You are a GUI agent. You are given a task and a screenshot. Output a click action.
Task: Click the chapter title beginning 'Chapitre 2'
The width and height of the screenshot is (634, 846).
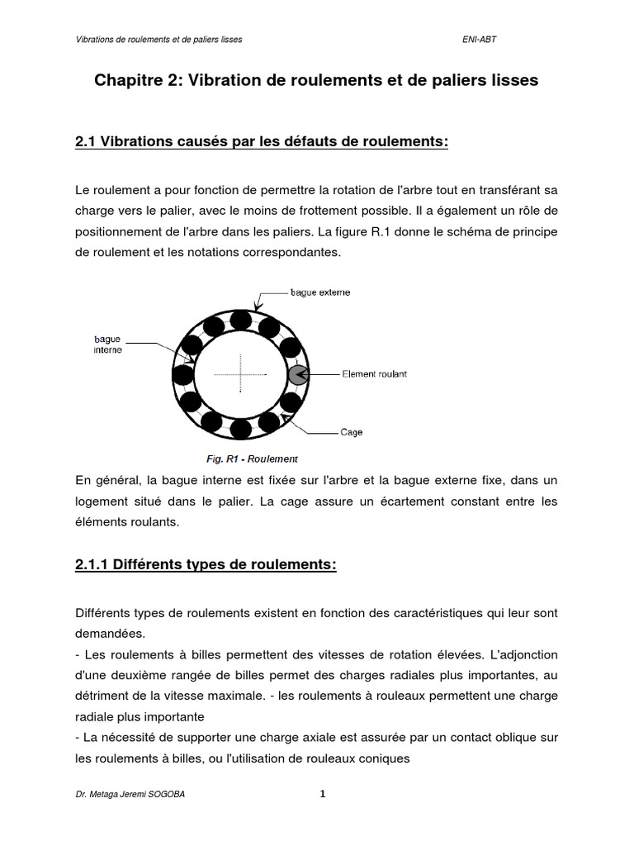[x=316, y=80]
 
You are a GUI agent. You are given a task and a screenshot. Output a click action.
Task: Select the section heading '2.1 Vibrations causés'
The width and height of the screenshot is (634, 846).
[x=262, y=141]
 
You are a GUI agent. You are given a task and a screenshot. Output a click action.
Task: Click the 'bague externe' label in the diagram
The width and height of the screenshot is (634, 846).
[x=319, y=292]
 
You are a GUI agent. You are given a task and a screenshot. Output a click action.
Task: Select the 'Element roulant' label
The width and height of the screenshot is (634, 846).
[x=374, y=374]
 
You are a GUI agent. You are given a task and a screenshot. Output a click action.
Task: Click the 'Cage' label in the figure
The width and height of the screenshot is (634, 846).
[x=351, y=432]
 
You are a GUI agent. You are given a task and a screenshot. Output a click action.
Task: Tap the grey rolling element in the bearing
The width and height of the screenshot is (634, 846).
[x=297, y=374]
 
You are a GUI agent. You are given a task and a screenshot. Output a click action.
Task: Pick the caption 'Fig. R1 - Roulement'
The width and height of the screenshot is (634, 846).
[x=251, y=459]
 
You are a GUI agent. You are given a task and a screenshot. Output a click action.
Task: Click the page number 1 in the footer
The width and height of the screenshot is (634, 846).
[x=323, y=795]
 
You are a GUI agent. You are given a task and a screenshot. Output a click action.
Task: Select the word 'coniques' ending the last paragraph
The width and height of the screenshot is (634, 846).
[x=382, y=756]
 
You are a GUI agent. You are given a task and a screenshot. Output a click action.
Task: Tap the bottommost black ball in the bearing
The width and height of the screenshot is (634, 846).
[x=241, y=430]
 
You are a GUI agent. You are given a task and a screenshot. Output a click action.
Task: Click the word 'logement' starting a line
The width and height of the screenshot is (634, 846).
[x=101, y=501]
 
